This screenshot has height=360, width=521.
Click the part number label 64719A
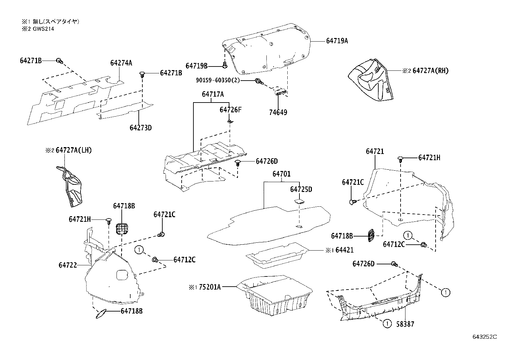pos(337,41)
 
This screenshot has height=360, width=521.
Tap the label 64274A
pos(121,63)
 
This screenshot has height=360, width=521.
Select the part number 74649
pos(278,112)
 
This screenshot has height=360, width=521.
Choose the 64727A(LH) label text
pos(73,150)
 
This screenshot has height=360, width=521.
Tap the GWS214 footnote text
pos(43,29)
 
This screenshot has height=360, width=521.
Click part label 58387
pos(405,324)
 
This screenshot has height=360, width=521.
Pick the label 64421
pos(344,250)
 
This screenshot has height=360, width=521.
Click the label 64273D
pos(141,127)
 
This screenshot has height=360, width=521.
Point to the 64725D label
pos(301,190)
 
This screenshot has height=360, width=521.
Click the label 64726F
pos(230,110)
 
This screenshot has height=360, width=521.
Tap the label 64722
pos(68,265)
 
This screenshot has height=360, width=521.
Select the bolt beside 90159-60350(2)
pos(259,81)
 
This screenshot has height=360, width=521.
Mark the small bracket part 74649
pos(280,91)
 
